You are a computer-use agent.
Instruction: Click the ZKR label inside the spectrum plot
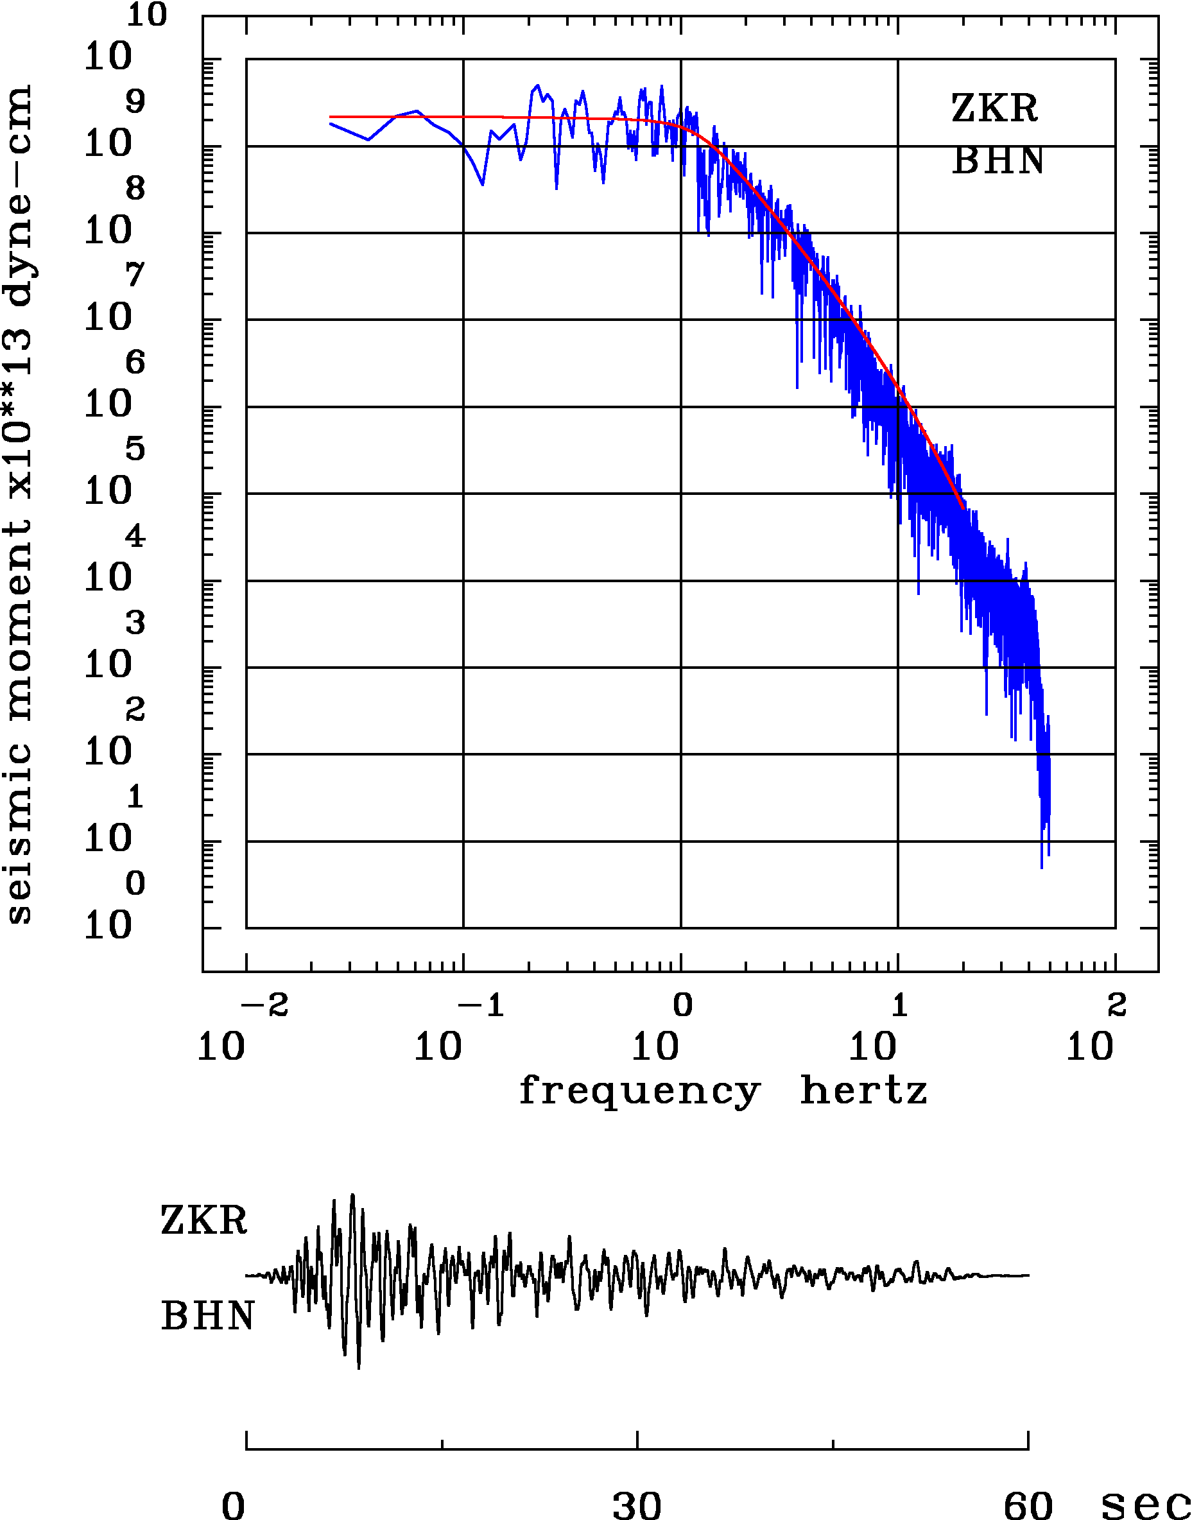tap(994, 108)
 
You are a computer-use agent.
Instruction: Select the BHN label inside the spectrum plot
tap(998, 160)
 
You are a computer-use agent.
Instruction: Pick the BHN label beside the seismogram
tap(207, 1317)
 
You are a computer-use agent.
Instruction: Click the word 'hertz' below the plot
tap(863, 1090)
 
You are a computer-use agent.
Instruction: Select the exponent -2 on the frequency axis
tap(264, 1006)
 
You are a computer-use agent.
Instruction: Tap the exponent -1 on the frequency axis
tap(481, 1006)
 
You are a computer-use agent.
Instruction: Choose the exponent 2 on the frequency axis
tap(1117, 1006)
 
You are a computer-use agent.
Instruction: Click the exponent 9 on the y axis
tap(135, 102)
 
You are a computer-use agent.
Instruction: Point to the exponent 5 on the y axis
tap(135, 449)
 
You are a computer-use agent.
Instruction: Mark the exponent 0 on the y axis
tap(135, 883)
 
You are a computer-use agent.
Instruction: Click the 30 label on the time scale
tap(637, 1503)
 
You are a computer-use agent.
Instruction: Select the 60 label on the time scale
tap(1027, 1503)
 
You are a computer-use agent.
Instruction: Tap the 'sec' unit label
tap(1144, 1503)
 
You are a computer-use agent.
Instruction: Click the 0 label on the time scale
tap(234, 1503)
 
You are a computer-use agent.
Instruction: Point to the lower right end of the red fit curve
tap(963, 506)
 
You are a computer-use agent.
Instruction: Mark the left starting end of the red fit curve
tap(330, 117)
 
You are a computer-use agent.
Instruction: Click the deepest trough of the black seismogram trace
tap(359, 1368)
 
